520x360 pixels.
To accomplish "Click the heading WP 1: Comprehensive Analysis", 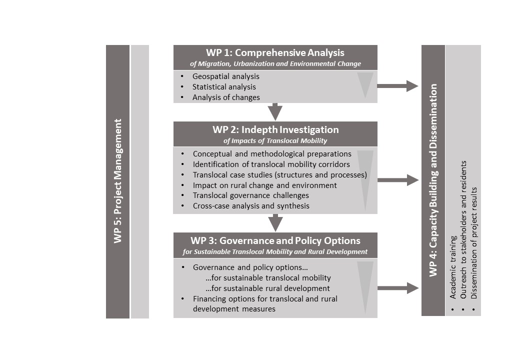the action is pos(275,52).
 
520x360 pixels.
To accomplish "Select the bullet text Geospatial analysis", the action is pos(226,76).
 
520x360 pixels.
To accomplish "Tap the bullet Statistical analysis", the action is pos(224,87).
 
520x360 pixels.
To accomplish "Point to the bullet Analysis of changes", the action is pos(226,97).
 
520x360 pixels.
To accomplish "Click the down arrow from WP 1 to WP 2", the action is pos(275,111).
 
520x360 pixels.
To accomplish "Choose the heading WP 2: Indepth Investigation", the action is pos(275,129).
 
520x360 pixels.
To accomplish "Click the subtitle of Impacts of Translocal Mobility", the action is pos(275,140).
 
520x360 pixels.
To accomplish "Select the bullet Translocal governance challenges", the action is pos(250,195).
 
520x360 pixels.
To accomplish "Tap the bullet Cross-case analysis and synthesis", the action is pos(251,206).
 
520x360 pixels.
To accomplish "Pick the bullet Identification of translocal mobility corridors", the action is pos(271,164).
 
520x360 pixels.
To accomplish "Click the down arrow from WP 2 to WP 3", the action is pos(275,223).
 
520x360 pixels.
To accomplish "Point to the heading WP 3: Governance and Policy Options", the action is pos(275,240).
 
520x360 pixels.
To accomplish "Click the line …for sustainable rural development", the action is pos(267,288).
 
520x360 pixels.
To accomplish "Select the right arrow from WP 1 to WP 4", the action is pos(397,86).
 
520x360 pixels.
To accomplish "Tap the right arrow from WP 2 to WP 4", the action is pos(398,180).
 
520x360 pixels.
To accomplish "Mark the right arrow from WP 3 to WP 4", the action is pos(398,288).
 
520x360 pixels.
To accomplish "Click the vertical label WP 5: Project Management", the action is pos(117,181).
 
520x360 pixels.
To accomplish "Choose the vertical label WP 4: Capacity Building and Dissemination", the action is pos(433,180).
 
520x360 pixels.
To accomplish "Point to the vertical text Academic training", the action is pos(453,267).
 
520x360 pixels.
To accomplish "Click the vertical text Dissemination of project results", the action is pos(474,243).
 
